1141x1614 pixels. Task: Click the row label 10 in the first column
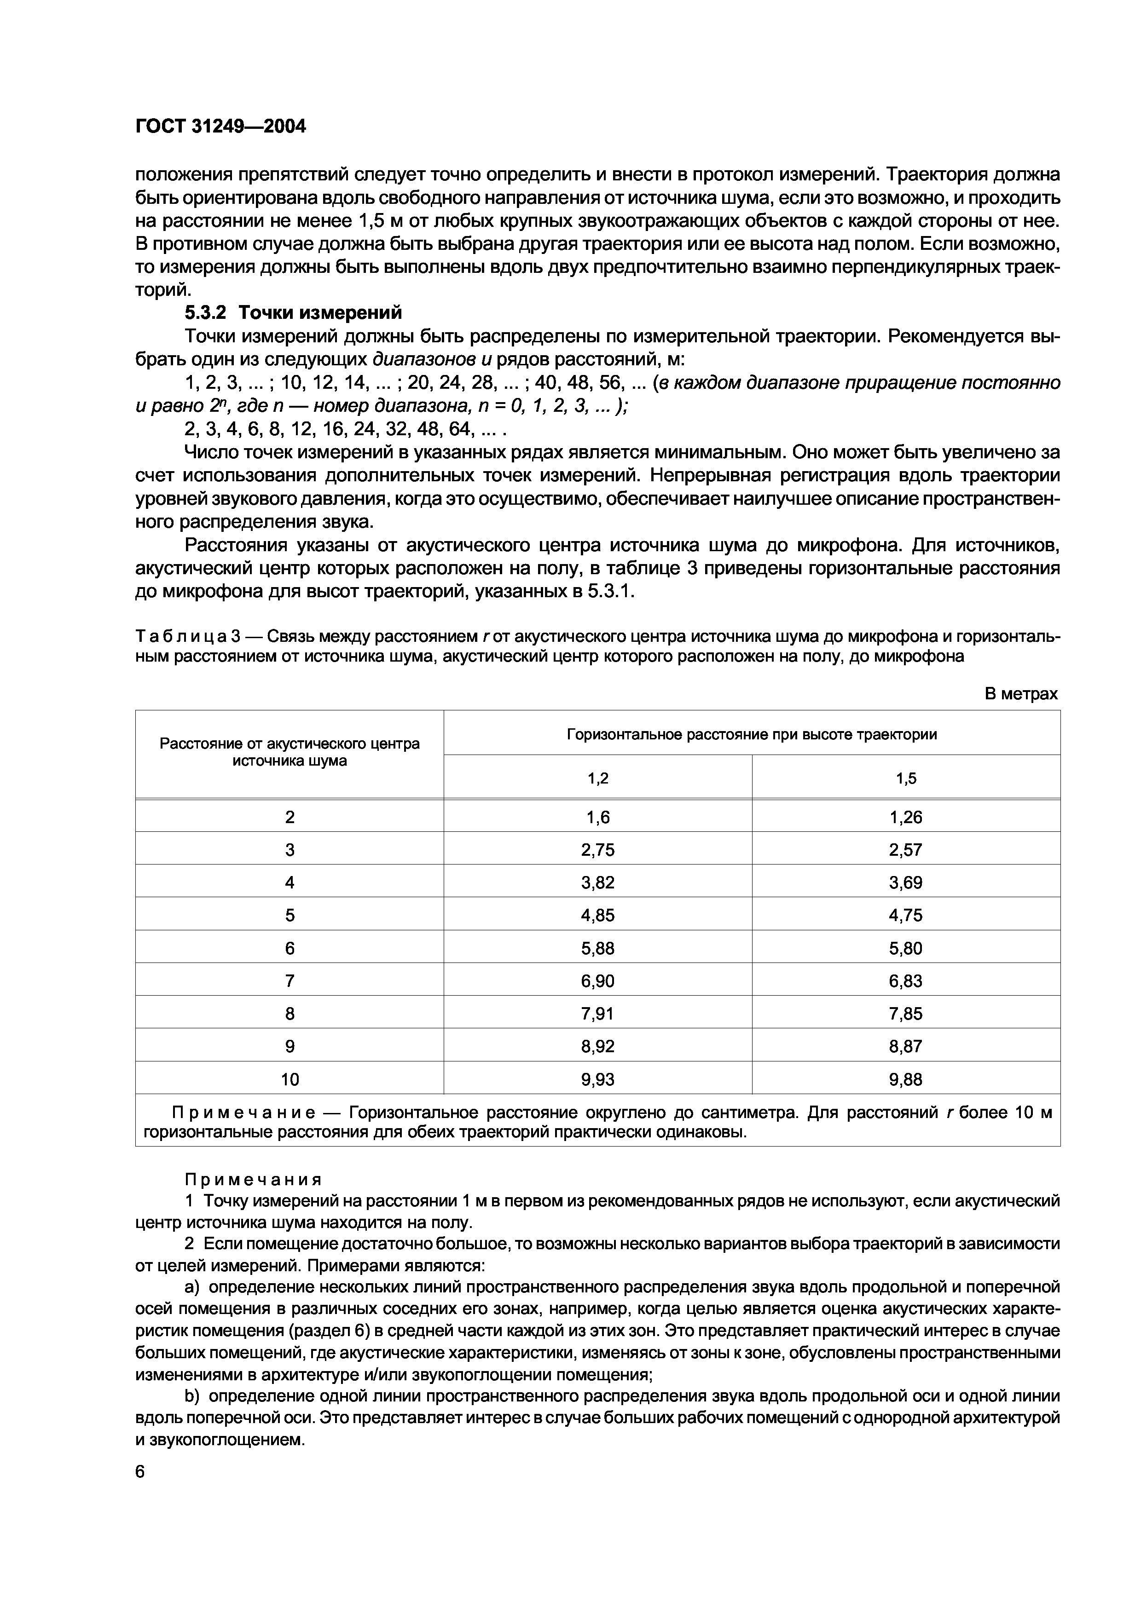290,1079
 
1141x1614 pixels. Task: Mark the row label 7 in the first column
290,980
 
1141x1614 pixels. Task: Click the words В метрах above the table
1021,694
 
